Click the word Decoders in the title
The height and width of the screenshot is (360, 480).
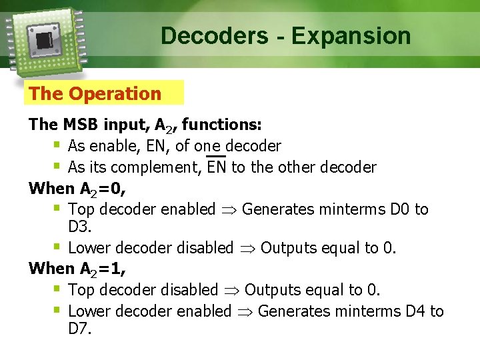pyautogui.click(x=214, y=35)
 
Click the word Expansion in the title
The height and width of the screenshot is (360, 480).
pyautogui.click(x=351, y=36)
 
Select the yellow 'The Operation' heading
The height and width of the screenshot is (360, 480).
pyautogui.click(x=95, y=94)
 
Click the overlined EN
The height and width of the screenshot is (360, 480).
pyautogui.click(x=217, y=167)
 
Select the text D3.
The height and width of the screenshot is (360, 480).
pyautogui.click(x=79, y=227)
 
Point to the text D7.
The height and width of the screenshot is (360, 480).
pyautogui.click(x=79, y=329)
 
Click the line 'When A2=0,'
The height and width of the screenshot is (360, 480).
pyautogui.click(x=77, y=189)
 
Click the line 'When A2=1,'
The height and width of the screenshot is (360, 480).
pyautogui.click(x=77, y=269)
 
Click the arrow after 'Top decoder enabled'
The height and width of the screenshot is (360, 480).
pyautogui.click(x=229, y=210)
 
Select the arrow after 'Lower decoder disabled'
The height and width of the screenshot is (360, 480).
pyautogui.click(x=247, y=249)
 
